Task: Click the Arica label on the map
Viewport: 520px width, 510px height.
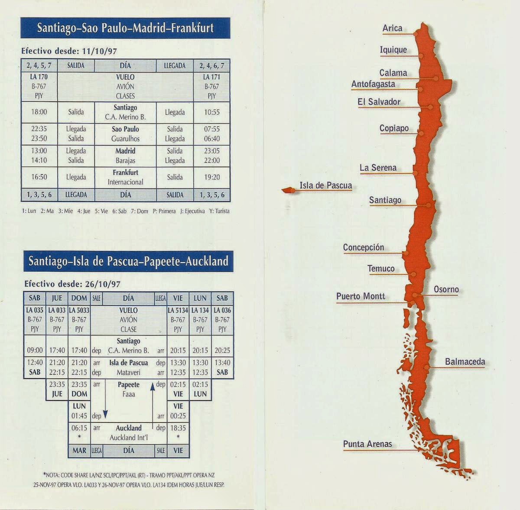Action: tap(392, 29)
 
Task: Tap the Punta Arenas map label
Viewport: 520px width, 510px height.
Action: tap(367, 444)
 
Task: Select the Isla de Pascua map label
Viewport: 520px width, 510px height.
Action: tap(325, 186)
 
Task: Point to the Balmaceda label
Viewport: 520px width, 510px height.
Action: tap(465, 362)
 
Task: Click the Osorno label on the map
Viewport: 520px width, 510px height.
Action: tap(446, 289)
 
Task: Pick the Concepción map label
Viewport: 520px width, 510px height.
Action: tap(364, 247)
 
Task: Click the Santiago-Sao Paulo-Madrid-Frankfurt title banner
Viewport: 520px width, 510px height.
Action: tap(125, 28)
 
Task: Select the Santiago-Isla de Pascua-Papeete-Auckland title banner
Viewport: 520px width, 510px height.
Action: tap(128, 261)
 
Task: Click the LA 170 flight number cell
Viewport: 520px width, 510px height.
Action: tap(39, 77)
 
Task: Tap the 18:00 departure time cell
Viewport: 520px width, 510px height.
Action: tap(39, 112)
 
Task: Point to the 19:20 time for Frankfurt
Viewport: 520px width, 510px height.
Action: tap(212, 177)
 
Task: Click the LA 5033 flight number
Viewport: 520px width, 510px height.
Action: tap(79, 310)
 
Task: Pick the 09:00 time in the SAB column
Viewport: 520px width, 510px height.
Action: tap(35, 350)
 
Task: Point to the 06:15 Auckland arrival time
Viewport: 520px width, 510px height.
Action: tap(79, 428)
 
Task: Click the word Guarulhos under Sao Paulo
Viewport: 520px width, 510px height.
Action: tap(126, 139)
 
